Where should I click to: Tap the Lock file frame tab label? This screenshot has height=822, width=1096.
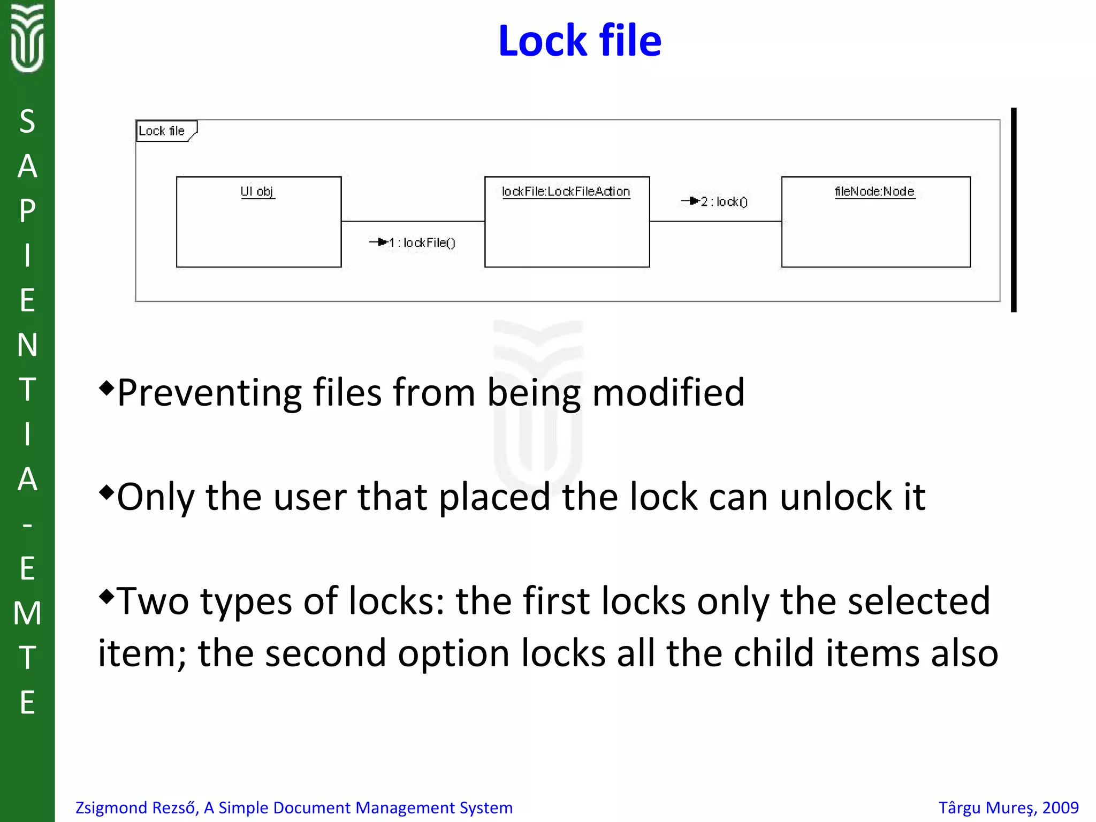[162, 131]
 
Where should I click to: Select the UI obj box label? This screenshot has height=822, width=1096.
[257, 192]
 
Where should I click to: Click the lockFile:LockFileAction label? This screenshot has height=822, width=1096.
[566, 192]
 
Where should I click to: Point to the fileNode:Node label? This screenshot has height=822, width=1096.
[874, 192]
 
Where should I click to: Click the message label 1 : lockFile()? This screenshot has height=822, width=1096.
[422, 243]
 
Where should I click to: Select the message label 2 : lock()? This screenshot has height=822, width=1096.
[724, 202]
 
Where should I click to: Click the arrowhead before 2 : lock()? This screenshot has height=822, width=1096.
[694, 201]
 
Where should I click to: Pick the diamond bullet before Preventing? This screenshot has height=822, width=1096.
[106, 387]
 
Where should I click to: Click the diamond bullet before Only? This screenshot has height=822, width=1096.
[106, 492]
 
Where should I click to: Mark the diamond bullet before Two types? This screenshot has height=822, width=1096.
[106, 596]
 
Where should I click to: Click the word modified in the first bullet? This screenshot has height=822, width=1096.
[668, 392]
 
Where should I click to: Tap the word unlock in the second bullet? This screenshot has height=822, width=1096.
[835, 497]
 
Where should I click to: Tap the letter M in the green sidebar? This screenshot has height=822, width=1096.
[27, 613]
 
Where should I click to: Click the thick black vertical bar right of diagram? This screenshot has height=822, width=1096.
[1013, 210]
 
